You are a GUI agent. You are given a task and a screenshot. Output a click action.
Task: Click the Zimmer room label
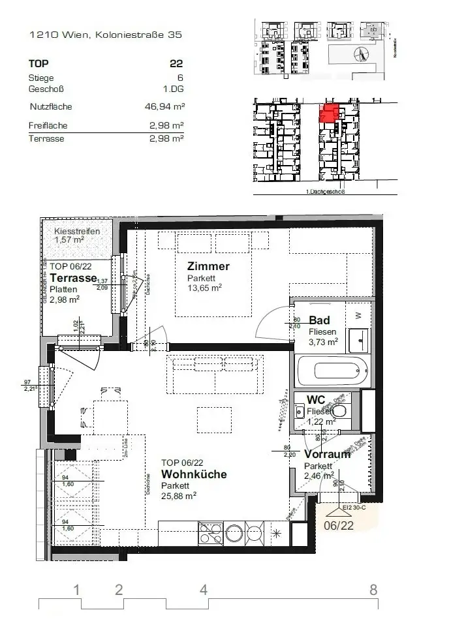click(x=208, y=266)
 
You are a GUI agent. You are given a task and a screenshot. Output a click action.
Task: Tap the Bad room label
click(x=319, y=320)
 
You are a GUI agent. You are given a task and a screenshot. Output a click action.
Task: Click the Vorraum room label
click(x=327, y=454)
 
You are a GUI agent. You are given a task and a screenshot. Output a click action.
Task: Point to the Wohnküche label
click(x=194, y=474)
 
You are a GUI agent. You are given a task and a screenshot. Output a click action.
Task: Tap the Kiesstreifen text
click(x=76, y=231)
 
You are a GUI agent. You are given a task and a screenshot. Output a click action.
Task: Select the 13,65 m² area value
click(x=204, y=287)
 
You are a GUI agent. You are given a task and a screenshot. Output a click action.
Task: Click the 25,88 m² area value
click(x=179, y=495)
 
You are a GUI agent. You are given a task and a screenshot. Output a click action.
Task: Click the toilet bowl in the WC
click(x=339, y=412)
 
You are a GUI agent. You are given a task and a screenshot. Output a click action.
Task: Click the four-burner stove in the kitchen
click(x=210, y=532)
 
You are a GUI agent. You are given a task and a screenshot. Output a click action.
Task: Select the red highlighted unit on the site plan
click(x=328, y=113)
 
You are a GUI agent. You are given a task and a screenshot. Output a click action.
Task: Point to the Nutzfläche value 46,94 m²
click(x=163, y=107)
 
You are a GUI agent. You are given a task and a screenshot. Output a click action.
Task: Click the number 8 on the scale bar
click(x=373, y=590)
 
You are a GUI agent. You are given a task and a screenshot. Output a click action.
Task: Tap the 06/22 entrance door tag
click(x=343, y=523)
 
